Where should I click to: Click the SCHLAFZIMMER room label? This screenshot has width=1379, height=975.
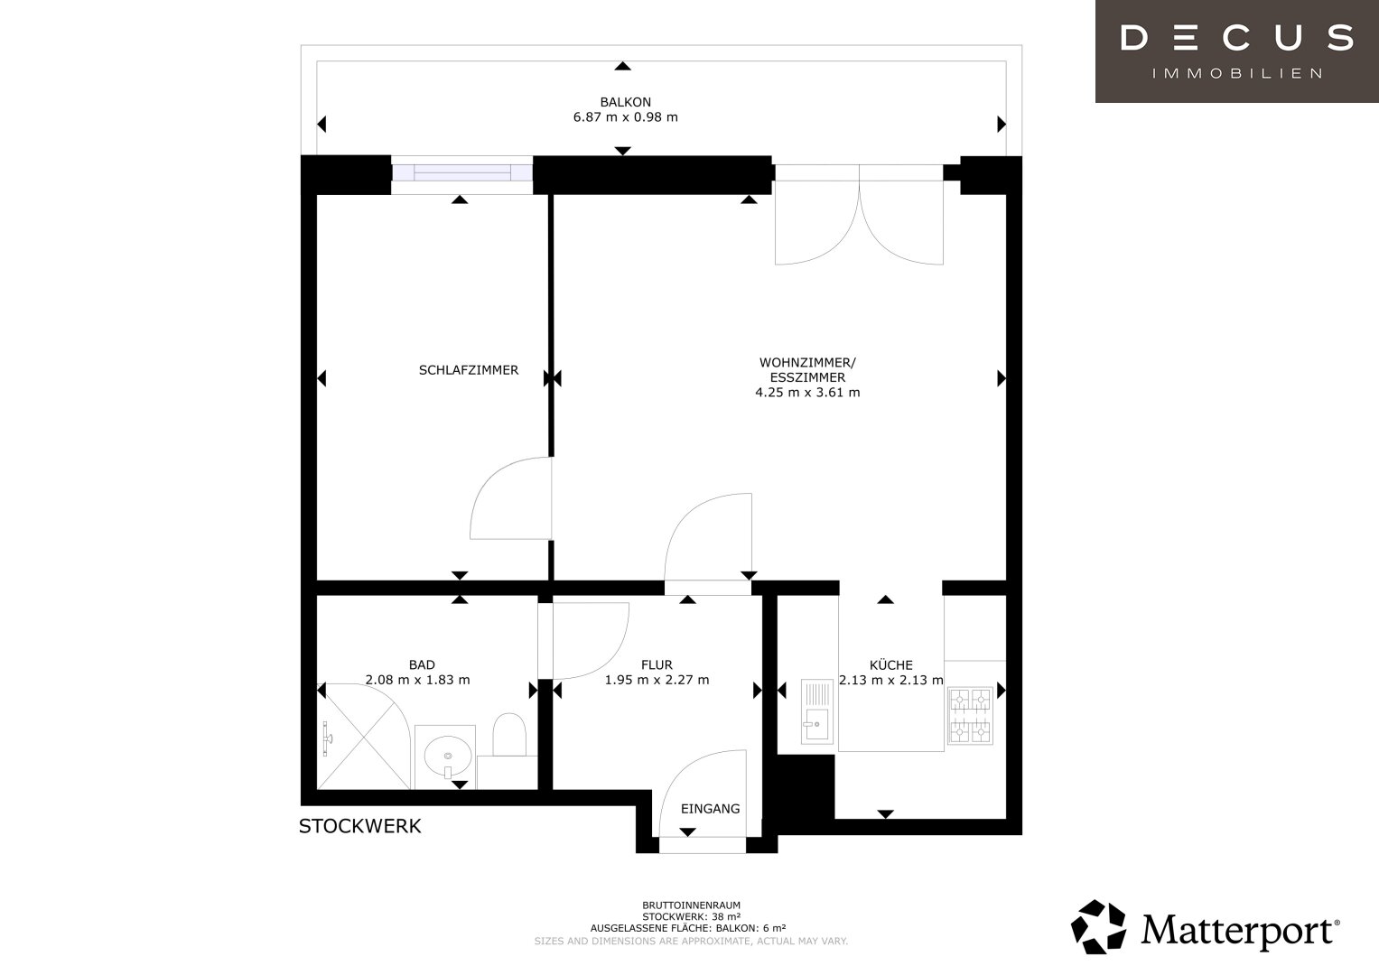click(x=469, y=370)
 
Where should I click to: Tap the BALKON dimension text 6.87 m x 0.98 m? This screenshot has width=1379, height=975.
click(x=626, y=117)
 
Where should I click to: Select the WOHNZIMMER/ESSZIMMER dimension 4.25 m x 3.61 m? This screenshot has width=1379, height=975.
click(x=807, y=392)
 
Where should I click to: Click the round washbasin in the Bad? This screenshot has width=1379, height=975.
click(x=448, y=757)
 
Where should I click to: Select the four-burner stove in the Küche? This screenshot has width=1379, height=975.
click(x=970, y=716)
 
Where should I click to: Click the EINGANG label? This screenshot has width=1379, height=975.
click(x=711, y=809)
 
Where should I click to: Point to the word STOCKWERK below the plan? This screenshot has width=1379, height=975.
click(x=360, y=826)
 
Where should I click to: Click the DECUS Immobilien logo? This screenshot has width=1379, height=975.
click(x=1237, y=51)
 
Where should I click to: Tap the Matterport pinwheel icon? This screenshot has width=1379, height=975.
click(x=1098, y=927)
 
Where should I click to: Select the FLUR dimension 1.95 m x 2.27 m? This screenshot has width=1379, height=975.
click(x=657, y=680)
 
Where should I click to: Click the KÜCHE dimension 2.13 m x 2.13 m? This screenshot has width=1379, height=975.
click(x=890, y=680)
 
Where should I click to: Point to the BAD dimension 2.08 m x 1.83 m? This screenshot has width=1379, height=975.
click(x=417, y=680)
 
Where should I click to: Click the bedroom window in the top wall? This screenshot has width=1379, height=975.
click(x=462, y=172)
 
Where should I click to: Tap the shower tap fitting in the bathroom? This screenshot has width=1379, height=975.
click(x=327, y=738)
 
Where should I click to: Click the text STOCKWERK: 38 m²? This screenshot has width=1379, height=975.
click(x=692, y=916)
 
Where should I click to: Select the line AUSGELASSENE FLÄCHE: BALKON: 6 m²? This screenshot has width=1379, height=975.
click(x=688, y=928)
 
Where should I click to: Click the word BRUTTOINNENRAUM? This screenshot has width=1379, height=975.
click(x=692, y=905)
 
